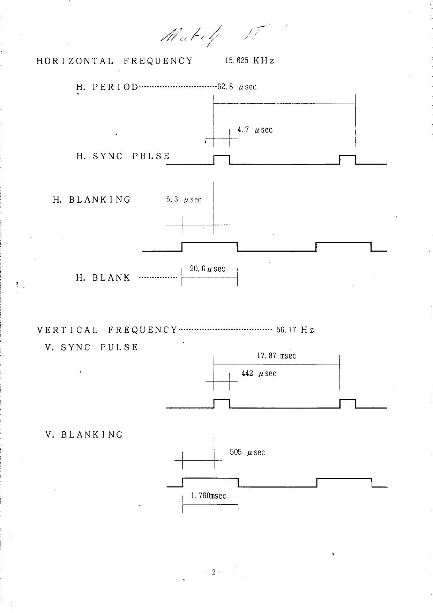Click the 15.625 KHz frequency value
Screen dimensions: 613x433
pos(249,60)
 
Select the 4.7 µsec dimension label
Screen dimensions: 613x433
pos(255,130)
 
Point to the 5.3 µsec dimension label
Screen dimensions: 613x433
pos(184,200)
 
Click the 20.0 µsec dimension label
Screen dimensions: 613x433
pos(208,269)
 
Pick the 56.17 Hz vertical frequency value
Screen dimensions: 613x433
pos(295,330)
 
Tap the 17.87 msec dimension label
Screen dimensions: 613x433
pos(276,356)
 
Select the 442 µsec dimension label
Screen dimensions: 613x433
pos(259,373)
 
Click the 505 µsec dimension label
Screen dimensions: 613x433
pos(247,452)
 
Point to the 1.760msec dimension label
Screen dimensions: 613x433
pos(208,496)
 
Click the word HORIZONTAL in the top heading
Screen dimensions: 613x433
pos(75,61)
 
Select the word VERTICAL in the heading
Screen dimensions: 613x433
pos(68,330)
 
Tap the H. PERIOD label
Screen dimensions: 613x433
pos(107,87)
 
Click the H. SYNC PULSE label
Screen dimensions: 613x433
pos(123,156)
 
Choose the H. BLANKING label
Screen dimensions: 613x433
pos(92,200)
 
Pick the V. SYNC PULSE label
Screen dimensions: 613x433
pos(92,347)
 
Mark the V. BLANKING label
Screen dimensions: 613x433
pos(84,435)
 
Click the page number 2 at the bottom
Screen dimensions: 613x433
pos(214,572)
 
